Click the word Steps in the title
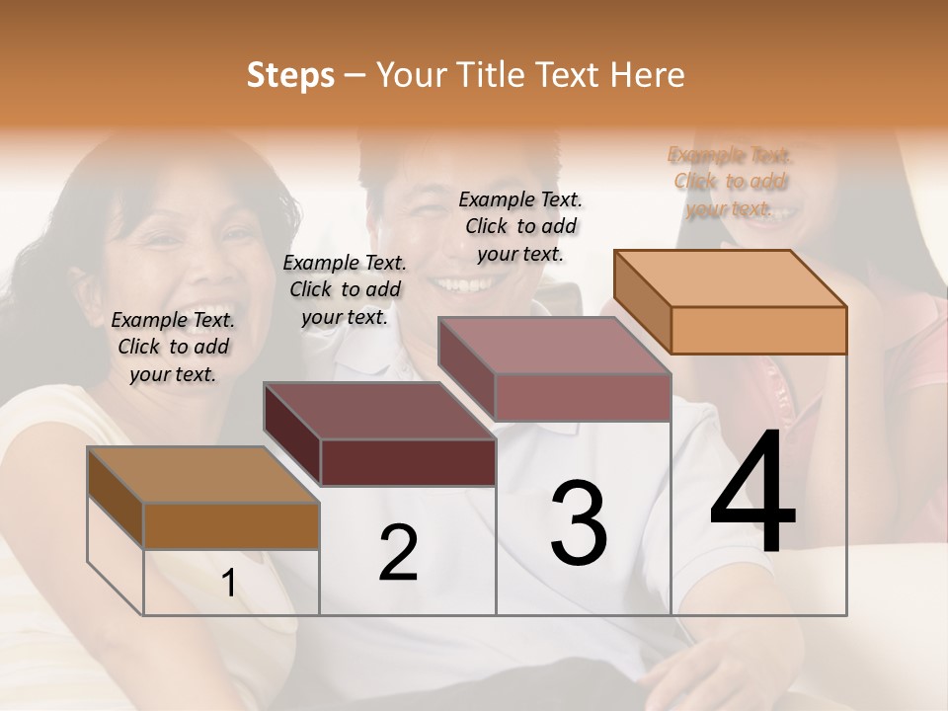[x=290, y=75]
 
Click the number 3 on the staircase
[x=579, y=522]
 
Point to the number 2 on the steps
[x=398, y=553]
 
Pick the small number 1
[x=229, y=584]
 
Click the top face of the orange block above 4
[x=731, y=278]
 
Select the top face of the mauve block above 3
[x=555, y=347]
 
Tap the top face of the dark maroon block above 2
[x=380, y=411]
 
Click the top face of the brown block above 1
[x=203, y=475]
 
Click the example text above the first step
[x=174, y=347]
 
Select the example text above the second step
[x=345, y=289]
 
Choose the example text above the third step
[x=520, y=226]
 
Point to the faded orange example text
[x=730, y=182]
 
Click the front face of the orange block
[x=758, y=330]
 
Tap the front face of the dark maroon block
[x=408, y=462]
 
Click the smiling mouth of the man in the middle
[x=457, y=284]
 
